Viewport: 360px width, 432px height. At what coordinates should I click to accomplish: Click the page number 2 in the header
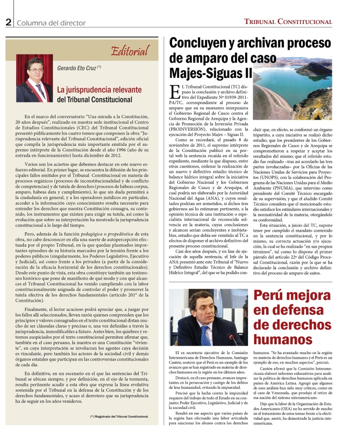[8, 22]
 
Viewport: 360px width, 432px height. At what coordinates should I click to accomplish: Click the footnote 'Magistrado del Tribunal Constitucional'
[120, 416]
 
